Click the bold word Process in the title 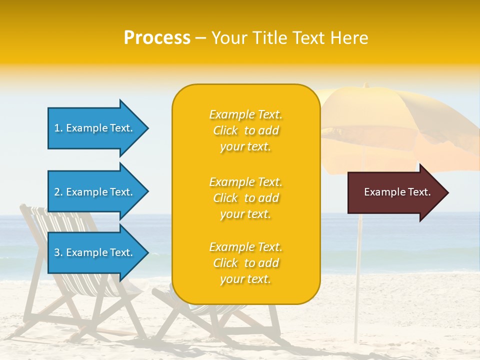pos(157,38)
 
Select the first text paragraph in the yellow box pos(245,130)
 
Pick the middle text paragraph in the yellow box pos(245,198)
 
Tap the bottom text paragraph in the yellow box pos(245,263)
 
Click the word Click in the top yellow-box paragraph pos(225,130)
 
